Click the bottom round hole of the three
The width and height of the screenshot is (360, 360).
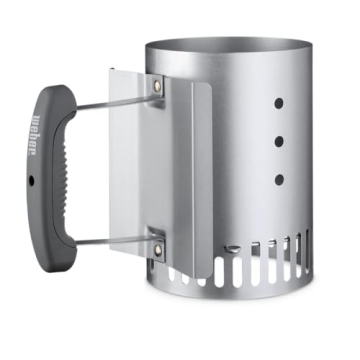click(278, 179)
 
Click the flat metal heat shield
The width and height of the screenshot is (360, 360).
click(130, 170)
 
